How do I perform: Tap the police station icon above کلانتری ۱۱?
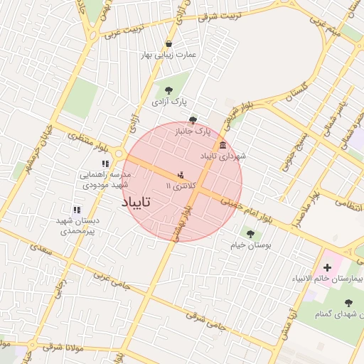click(x=181, y=174)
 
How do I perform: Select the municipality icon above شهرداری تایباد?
click(x=223, y=145)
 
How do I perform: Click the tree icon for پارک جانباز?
click(x=193, y=120)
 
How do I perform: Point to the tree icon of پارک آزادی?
click(x=168, y=90)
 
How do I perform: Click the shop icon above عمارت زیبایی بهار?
click(x=168, y=43)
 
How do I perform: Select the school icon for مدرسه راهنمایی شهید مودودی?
click(x=105, y=164)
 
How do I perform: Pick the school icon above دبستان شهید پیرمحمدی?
click(x=77, y=210)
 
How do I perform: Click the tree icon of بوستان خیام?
click(x=249, y=233)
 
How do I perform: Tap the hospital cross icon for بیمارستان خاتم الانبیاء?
click(x=327, y=267)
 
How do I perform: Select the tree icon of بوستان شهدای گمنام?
click(x=348, y=304)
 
